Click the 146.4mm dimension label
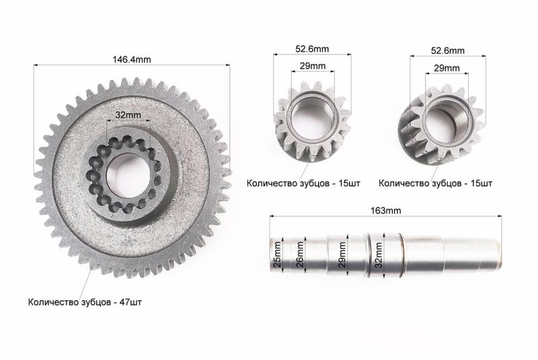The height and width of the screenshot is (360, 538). tap(132, 59)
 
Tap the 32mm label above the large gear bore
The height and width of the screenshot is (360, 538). tap(128, 114)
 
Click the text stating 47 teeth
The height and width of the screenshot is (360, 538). tap(85, 302)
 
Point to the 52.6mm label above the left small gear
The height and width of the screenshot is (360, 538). tap(312, 48)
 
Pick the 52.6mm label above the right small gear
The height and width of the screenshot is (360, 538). tap(448, 50)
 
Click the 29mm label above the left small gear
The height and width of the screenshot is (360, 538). tap(313, 65)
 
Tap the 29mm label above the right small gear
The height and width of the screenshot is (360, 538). tap(447, 68)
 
